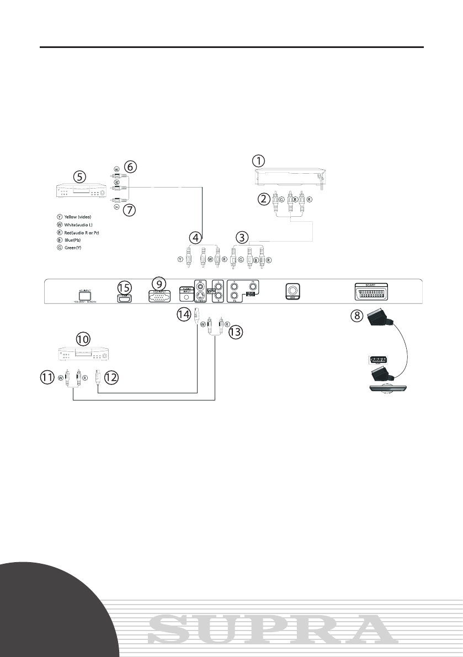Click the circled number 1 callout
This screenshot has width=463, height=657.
(x=258, y=161)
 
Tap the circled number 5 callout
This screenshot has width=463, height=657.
(x=80, y=177)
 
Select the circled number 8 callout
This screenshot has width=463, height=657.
(x=362, y=318)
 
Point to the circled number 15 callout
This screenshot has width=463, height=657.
(x=125, y=287)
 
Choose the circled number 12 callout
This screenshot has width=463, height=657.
(x=111, y=377)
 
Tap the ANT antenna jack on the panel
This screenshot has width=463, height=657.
(x=293, y=291)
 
